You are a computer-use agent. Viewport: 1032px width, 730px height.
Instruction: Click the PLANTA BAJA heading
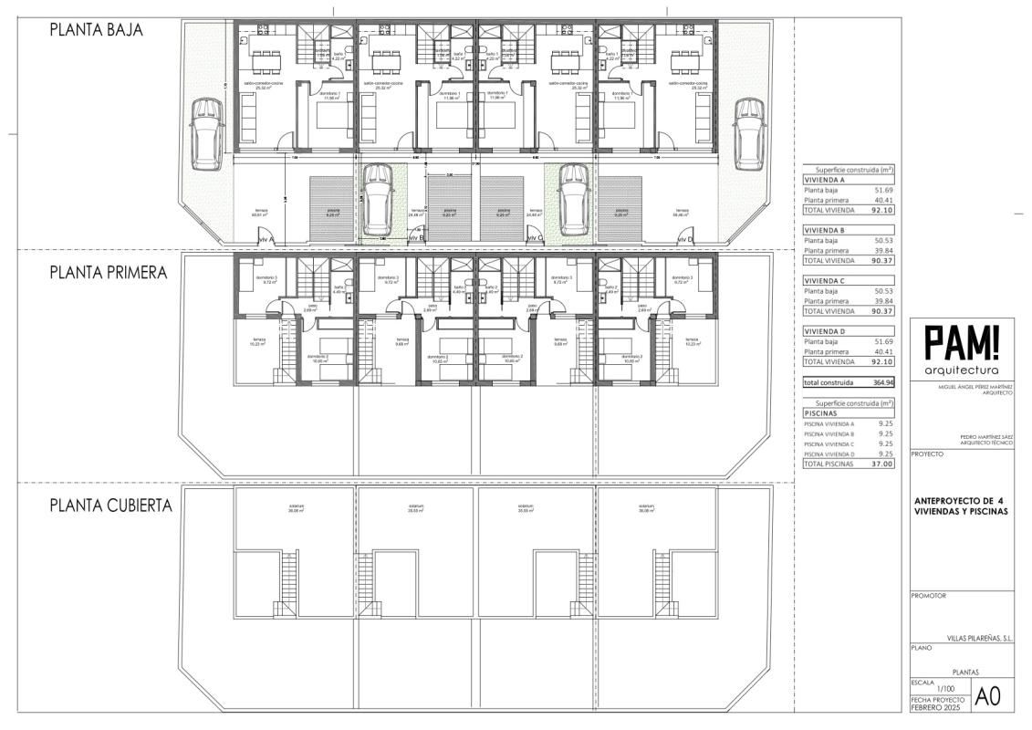96,29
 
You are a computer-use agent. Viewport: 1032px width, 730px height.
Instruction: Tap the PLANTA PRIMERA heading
108,272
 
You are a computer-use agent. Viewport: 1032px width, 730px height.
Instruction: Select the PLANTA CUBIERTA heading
110,505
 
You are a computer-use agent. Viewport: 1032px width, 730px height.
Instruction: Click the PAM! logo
961,344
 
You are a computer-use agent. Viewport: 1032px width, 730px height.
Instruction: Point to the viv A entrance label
266,239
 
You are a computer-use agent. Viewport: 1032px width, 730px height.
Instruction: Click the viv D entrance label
684,239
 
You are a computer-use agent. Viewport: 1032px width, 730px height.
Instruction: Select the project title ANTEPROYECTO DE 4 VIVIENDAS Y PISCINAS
959,506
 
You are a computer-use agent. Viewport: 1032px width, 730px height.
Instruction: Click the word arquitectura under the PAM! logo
961,370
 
